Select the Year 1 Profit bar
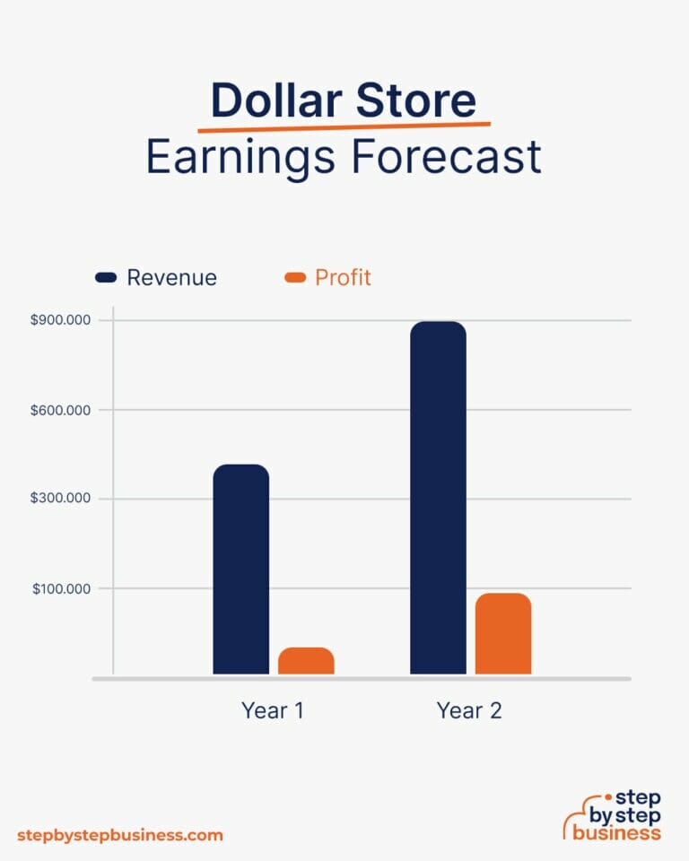306,661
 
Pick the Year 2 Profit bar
503,633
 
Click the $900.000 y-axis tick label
65,321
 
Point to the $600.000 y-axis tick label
65,410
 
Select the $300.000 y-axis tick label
65,499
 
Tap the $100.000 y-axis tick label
65,588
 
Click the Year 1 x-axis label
272,710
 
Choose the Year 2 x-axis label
469,710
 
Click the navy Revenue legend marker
106,278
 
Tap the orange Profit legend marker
295,278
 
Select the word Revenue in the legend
171,278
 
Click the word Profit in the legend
343,278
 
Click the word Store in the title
415,101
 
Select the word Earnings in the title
241,157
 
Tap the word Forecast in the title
446,157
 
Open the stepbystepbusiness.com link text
119,834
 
